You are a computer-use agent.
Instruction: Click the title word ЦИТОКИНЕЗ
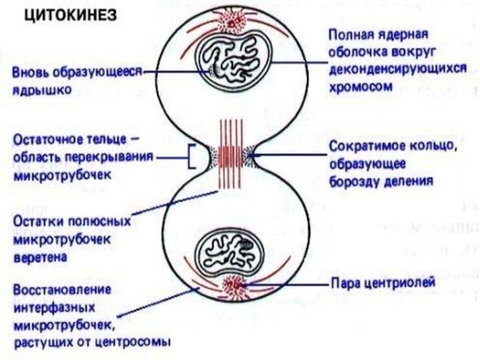click(70, 14)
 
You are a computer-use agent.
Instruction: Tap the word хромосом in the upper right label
click(361, 87)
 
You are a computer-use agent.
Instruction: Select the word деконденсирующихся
click(398, 69)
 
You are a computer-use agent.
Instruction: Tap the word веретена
click(40, 257)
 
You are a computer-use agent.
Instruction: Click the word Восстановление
click(62, 290)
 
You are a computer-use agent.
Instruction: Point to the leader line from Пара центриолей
click(286, 284)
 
